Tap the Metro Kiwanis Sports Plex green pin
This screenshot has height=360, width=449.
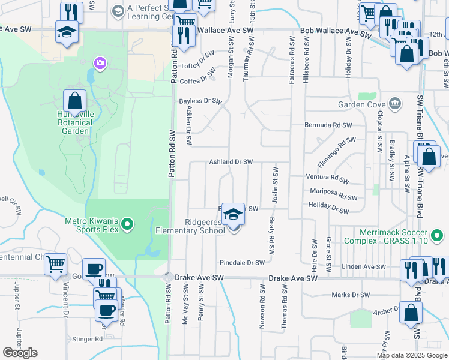pyautogui.click(x=127, y=225)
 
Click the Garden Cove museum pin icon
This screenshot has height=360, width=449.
pyautogui.click(x=395, y=104)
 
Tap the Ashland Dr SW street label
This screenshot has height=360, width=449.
pyautogui.click(x=231, y=162)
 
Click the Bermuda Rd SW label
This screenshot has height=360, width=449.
pyautogui.click(x=328, y=126)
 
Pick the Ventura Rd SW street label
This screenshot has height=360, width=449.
pyautogui.click(x=327, y=178)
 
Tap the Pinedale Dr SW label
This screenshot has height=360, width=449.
pyautogui.click(x=242, y=263)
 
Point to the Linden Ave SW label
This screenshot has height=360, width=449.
pyautogui.click(x=364, y=266)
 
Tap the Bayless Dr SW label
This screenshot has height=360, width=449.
pyautogui.click(x=200, y=101)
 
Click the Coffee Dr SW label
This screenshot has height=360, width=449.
pyautogui.click(x=197, y=79)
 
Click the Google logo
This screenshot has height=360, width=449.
pyautogui.click(x=20, y=353)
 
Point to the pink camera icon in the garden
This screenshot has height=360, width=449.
pyautogui.click(x=99, y=63)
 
